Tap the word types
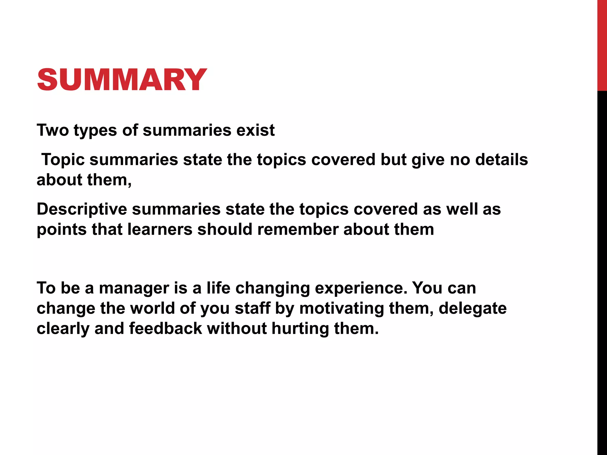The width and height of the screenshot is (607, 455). (95, 131)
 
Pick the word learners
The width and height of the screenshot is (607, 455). (160, 229)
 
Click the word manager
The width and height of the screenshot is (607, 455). (134, 288)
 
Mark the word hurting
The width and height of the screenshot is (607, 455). (300, 329)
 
